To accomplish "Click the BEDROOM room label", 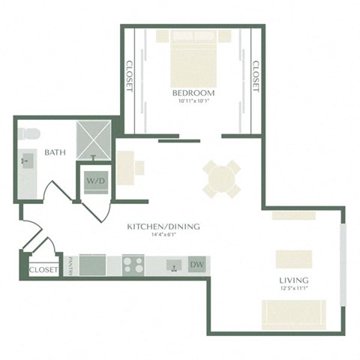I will click(193, 93).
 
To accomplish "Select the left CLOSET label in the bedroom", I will click(129, 76).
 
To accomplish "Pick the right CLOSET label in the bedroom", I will click(255, 76).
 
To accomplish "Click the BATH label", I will click(55, 152).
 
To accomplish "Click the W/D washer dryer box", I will click(94, 181).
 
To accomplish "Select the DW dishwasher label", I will click(197, 265).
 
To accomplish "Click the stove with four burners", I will click(133, 265).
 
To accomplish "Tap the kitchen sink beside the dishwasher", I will click(172, 265).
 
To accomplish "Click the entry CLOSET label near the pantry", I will click(43, 270).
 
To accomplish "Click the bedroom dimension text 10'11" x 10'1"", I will click(193, 102).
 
